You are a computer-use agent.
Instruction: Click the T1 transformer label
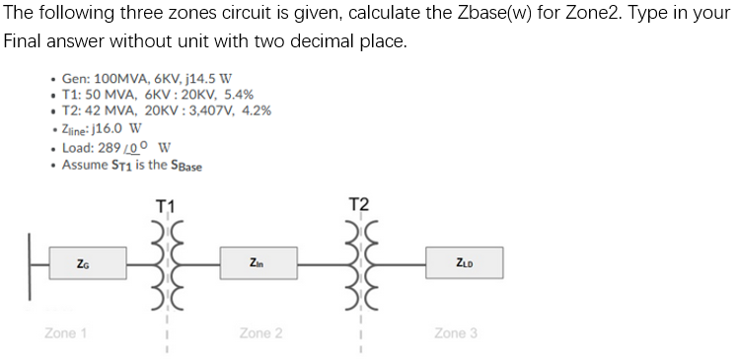(165, 205)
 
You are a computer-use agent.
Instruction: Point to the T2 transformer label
(359, 205)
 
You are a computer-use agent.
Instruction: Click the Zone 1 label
(65, 333)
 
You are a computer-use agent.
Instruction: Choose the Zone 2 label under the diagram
(260, 333)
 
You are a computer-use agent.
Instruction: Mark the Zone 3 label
(455, 333)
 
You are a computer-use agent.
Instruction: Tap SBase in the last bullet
(185, 166)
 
